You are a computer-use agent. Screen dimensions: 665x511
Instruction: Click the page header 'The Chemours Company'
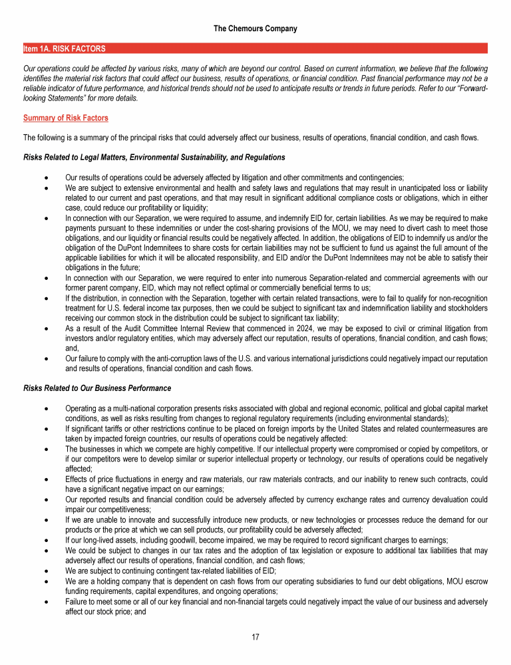point(255,29)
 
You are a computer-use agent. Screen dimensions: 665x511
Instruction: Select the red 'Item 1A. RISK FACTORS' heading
point(64,49)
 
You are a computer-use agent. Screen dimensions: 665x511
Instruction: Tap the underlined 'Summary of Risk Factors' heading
point(66,118)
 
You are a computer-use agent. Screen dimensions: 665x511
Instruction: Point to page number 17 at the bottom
point(255,637)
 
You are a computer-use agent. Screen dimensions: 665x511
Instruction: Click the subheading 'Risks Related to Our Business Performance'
point(97,388)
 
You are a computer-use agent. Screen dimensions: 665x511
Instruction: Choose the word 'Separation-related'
point(315,277)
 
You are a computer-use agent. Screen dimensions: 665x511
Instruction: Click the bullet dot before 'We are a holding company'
point(44,581)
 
